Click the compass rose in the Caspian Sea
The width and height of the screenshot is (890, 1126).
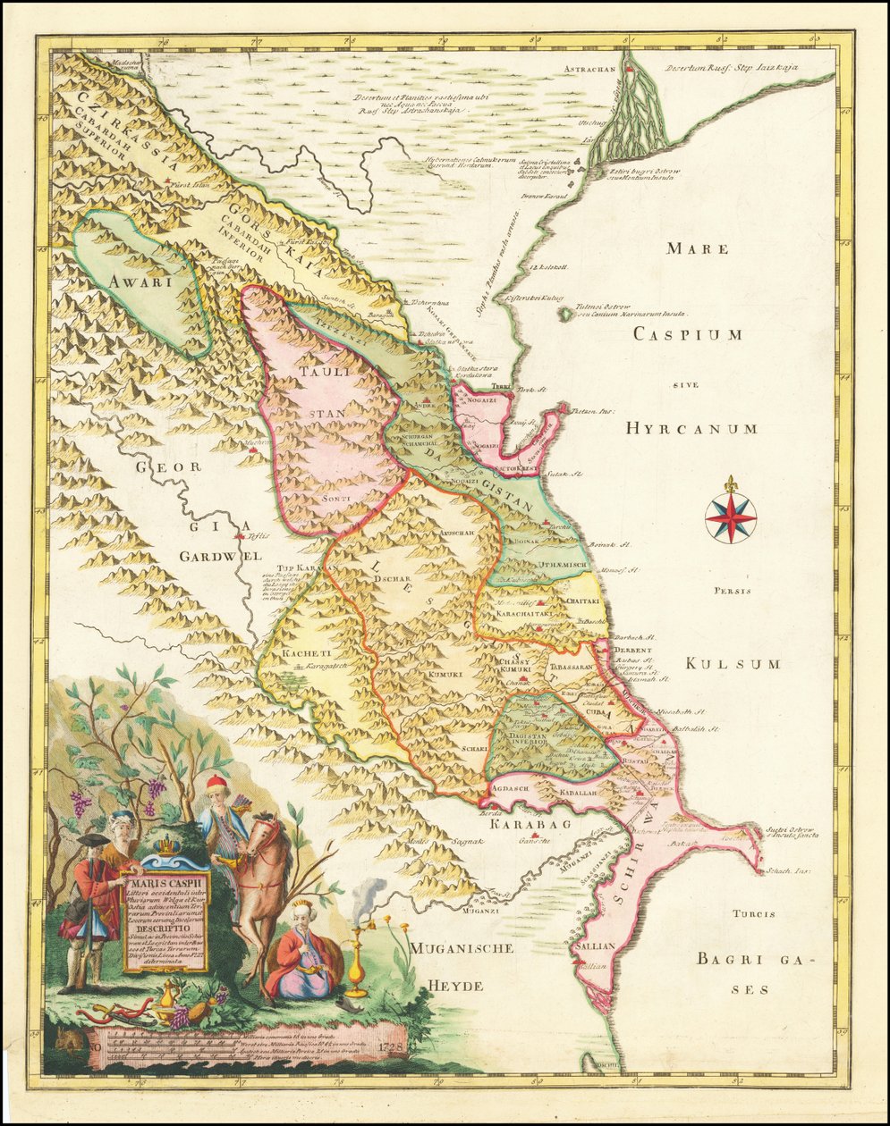pyautogui.click(x=731, y=517)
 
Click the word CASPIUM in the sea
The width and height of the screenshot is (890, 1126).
pyautogui.click(x=688, y=334)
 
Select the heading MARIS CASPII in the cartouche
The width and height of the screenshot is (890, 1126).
pyautogui.click(x=165, y=887)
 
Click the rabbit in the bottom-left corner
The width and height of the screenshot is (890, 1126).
pyautogui.click(x=64, y=1038)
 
